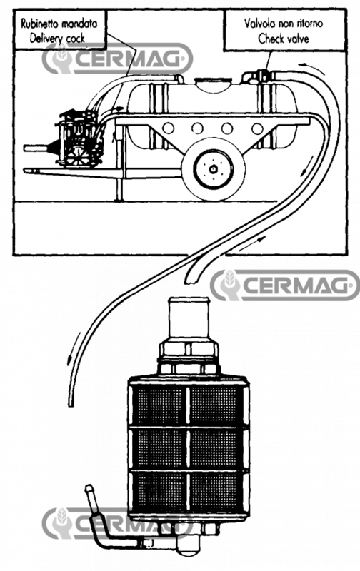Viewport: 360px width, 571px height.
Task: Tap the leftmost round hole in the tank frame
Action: tap(169, 129)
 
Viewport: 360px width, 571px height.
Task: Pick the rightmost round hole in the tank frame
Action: tap(254, 129)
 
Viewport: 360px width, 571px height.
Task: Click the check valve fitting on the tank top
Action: tap(259, 74)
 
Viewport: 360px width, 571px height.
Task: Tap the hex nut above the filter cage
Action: tap(191, 350)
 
